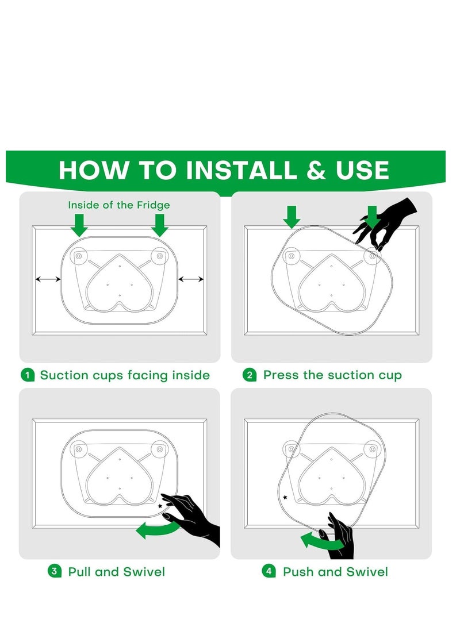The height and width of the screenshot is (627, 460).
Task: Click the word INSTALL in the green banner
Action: tap(241, 170)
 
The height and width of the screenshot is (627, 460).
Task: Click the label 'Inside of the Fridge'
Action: tap(119, 205)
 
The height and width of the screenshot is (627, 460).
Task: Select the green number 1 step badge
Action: tap(27, 375)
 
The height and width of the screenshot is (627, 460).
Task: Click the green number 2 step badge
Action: tap(250, 375)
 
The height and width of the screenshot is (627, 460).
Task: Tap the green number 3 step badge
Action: tap(55, 571)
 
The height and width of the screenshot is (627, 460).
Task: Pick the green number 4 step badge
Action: tap(269, 571)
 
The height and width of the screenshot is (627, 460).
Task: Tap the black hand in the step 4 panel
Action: tap(339, 536)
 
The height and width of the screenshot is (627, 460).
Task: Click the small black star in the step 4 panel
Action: tap(285, 498)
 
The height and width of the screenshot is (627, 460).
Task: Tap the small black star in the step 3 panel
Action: tap(160, 506)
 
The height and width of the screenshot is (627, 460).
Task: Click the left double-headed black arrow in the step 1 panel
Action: tap(48, 279)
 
